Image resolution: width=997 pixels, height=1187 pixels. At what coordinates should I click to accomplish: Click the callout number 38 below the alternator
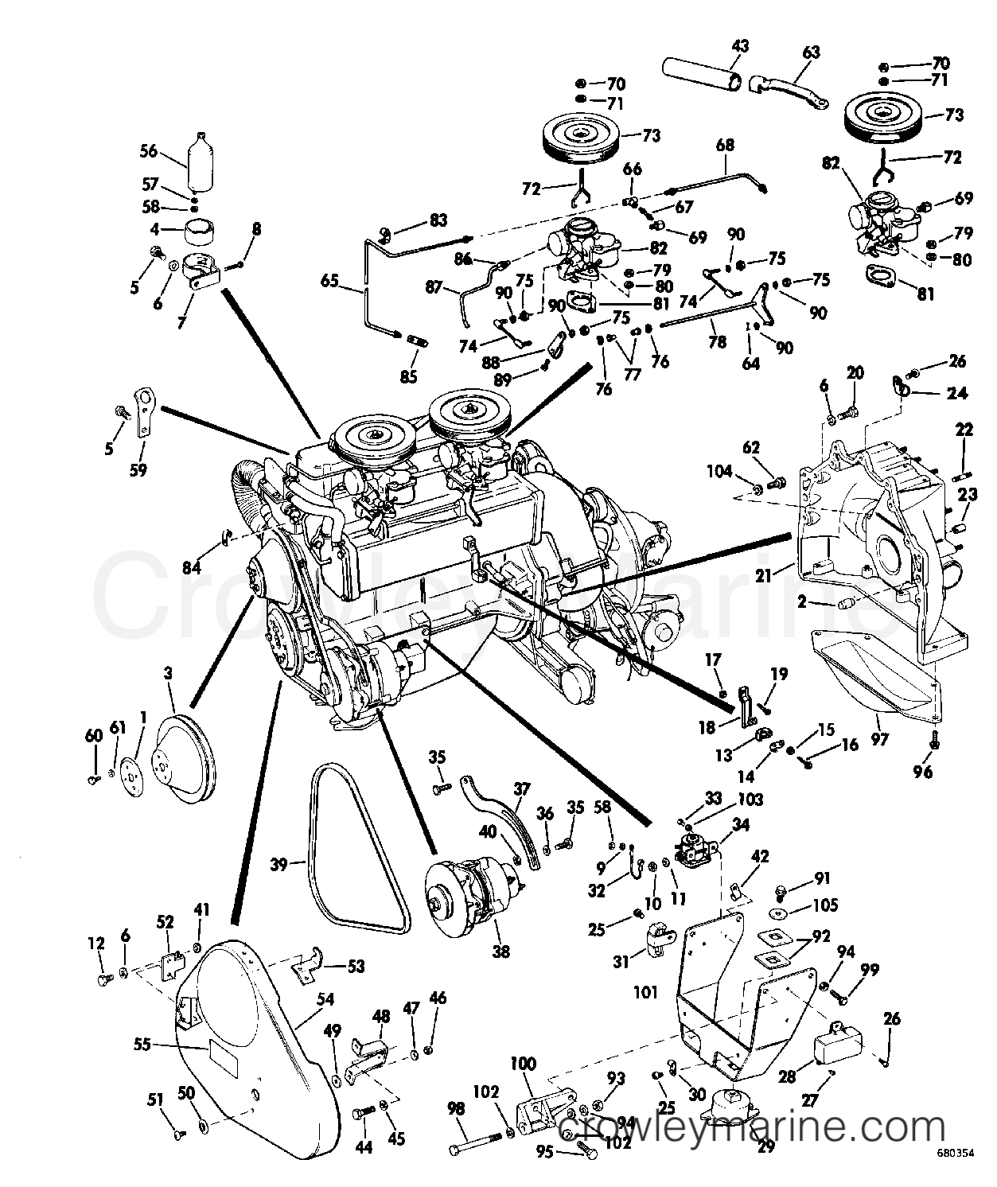[x=501, y=951]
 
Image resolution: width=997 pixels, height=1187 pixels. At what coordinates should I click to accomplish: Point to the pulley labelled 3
[x=185, y=757]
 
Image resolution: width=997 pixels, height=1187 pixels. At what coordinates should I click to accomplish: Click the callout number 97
[x=879, y=739]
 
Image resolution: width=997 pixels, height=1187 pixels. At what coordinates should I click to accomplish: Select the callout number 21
[x=763, y=575]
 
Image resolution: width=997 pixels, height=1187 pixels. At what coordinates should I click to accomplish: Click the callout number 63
[x=811, y=53]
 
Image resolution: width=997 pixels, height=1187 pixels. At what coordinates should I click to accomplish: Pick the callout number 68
[x=725, y=145]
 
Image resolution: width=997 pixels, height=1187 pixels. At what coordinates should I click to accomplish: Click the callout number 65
[x=330, y=281]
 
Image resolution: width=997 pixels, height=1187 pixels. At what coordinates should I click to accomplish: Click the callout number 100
[x=523, y=1063]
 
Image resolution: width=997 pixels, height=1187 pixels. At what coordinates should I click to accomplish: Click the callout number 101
[x=645, y=993]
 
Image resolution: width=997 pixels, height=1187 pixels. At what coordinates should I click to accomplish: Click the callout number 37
[x=521, y=789]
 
